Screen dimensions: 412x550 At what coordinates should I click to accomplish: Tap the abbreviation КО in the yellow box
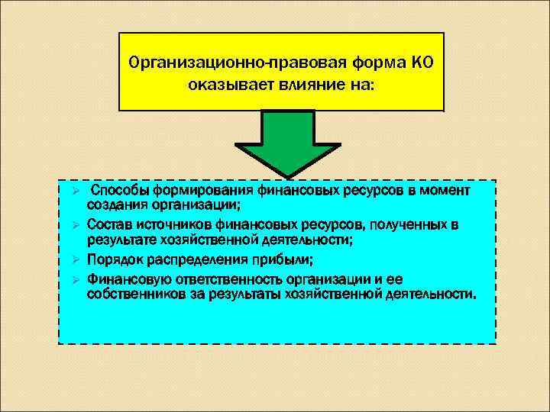[x=422, y=62]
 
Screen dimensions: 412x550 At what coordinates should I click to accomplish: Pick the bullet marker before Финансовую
[x=66, y=278]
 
